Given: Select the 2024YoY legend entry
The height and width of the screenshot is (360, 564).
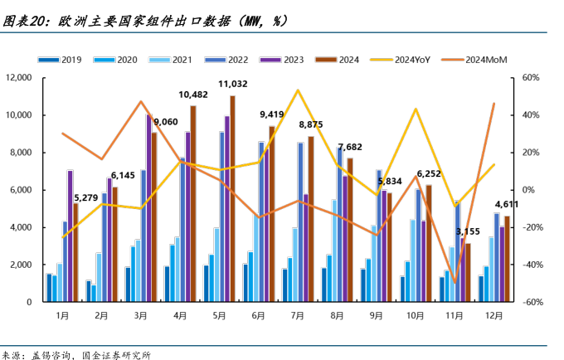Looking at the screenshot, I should tap(411, 59).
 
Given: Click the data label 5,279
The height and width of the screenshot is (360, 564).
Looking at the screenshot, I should tap(89, 197).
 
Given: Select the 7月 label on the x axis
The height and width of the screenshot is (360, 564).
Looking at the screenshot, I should tap(297, 316).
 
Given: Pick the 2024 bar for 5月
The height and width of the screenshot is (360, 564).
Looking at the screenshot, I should tap(232, 199).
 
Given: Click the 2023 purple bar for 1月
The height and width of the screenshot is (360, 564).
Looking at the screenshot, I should tap(70, 236).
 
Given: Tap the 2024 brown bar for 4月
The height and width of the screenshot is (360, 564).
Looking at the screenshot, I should tap(193, 204).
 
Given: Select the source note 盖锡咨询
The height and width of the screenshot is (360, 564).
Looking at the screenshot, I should tap(52, 354).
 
